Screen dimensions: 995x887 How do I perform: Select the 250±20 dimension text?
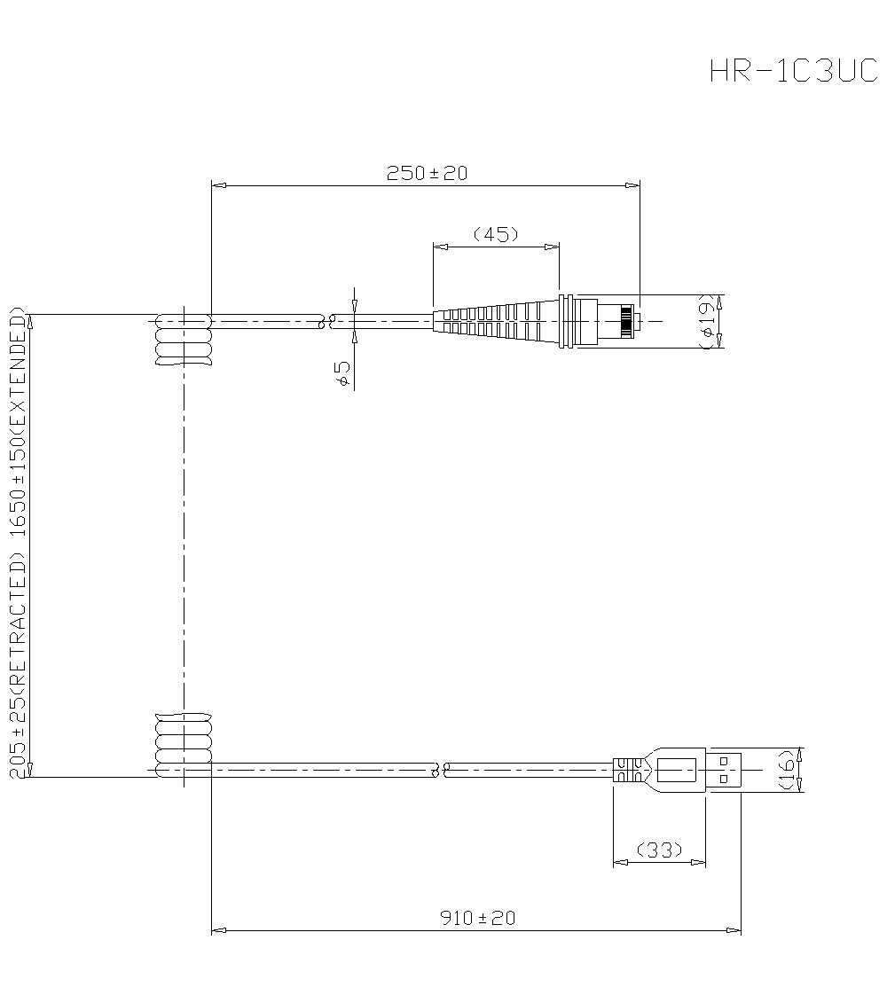[x=427, y=174]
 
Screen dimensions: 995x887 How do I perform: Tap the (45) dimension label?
[x=495, y=234]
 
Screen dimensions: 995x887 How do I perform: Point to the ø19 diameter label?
[x=707, y=321]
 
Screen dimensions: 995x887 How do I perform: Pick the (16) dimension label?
[x=787, y=769]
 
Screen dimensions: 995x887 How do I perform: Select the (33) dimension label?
[x=659, y=850]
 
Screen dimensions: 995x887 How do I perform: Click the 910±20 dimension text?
[x=477, y=918]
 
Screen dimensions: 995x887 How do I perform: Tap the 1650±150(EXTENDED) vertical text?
[x=17, y=425]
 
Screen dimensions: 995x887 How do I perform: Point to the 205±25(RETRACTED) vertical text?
[x=17, y=665]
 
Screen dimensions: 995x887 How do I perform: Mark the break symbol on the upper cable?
[x=326, y=320]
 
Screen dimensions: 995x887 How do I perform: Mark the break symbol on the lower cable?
[x=440, y=769]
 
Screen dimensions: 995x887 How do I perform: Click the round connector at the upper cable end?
[x=600, y=320]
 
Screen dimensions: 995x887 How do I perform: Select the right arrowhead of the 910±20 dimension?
[x=735, y=930]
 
